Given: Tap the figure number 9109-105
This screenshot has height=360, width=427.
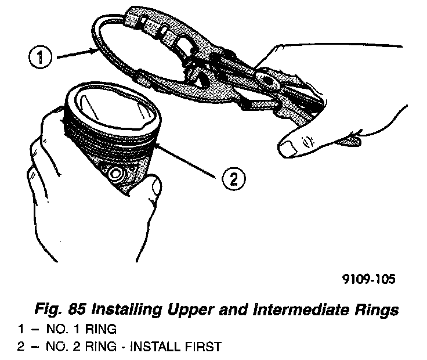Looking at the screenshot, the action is pyautogui.click(x=368, y=279).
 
